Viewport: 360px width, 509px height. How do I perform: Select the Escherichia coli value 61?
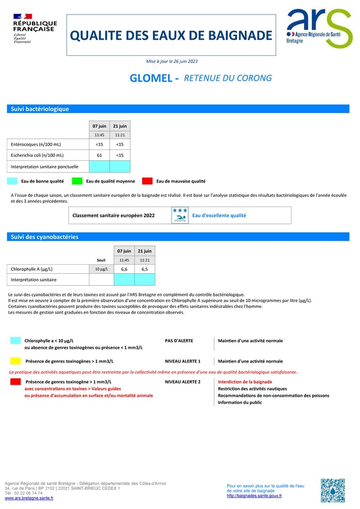tap(99, 155)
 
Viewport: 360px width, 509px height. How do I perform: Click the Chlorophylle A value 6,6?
tap(124, 270)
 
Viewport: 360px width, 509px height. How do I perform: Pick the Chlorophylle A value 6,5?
tap(145, 270)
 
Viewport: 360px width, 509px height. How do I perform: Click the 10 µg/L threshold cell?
tap(101, 270)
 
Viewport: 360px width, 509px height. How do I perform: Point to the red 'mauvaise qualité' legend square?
tap(147, 181)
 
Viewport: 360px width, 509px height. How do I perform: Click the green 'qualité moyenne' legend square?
tap(77, 181)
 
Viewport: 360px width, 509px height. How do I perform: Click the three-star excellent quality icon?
tap(179, 215)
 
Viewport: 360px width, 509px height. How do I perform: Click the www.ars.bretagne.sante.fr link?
tap(29, 498)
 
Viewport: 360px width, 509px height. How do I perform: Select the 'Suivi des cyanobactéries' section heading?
tap(44, 237)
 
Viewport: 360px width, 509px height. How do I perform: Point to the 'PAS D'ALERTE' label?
tap(179, 340)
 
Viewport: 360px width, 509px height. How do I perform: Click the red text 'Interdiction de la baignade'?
tap(245, 382)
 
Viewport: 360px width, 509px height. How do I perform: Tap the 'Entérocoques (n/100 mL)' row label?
tap(36, 145)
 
